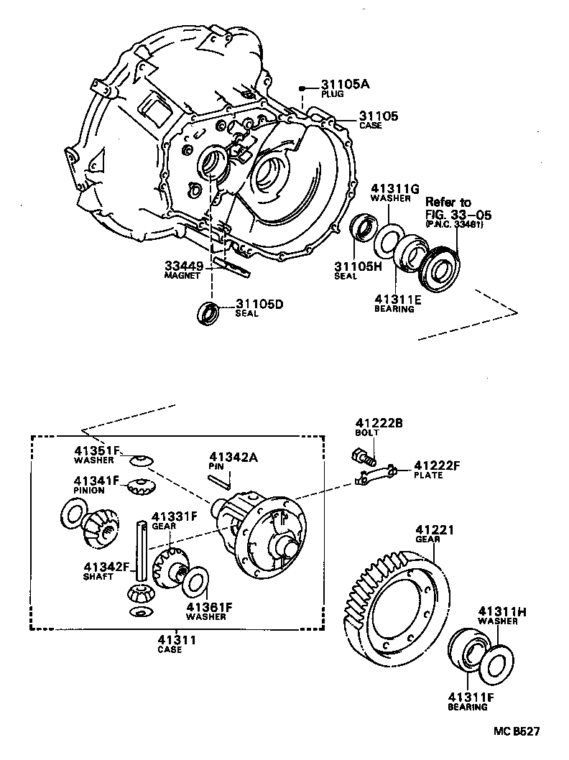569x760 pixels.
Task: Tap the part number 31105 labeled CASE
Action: click(378, 116)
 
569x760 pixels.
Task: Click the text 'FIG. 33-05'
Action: click(455, 213)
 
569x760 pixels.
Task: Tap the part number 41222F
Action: click(436, 465)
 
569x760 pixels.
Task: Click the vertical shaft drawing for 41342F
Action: click(144, 553)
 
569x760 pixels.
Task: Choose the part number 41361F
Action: click(208, 606)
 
